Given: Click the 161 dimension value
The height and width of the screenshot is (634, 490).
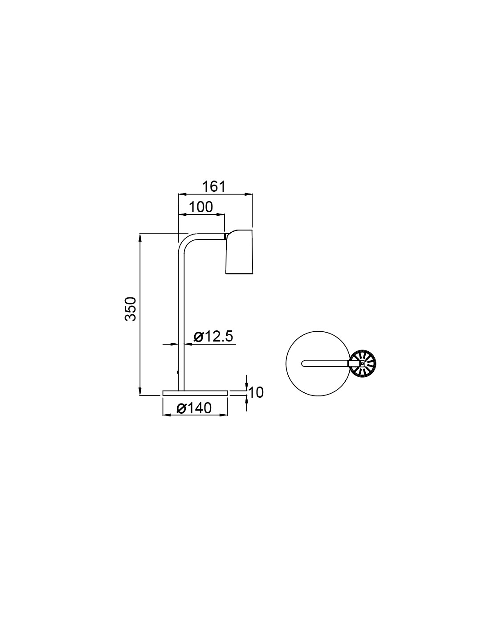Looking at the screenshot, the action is coord(214,187).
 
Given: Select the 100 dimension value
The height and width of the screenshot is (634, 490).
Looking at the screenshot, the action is coord(201,207).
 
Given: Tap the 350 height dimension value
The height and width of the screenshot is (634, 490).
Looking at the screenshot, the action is coord(131,309).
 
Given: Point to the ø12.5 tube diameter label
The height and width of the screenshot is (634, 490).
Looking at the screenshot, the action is coord(214,337).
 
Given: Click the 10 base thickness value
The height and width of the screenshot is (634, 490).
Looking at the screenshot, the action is coord(256,392).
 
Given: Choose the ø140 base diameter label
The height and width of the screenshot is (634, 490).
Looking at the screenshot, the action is coord(194,408).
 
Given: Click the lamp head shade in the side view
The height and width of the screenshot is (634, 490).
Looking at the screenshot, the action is coord(239,252).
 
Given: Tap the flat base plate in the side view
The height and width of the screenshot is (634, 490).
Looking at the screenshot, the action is coord(195,393).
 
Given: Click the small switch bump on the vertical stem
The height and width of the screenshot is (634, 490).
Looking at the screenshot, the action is coord(178,372).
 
